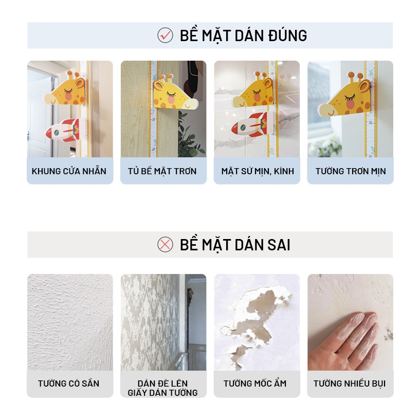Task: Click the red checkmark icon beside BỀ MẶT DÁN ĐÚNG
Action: [x=165, y=35]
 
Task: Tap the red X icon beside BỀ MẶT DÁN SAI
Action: [x=165, y=245]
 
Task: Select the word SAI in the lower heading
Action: [x=279, y=245]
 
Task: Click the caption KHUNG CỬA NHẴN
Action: [x=69, y=171]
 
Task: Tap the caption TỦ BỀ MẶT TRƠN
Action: [x=162, y=171]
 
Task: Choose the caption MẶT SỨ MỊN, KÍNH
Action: [x=258, y=171]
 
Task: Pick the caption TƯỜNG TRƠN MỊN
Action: [x=351, y=171]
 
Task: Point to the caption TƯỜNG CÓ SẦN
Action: [x=69, y=384]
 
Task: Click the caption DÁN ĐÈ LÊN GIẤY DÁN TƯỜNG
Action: [x=162, y=388]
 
